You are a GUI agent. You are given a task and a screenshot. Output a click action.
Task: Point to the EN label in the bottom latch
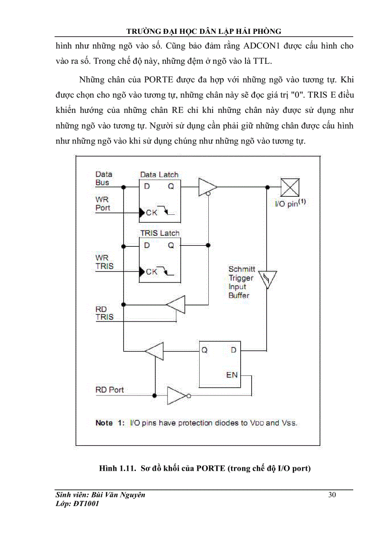coord(232,374)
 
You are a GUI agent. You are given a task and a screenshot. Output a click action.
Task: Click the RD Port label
coord(110,390)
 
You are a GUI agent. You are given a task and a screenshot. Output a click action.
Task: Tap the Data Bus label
coord(103,178)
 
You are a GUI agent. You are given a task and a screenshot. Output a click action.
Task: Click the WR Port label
coord(102,204)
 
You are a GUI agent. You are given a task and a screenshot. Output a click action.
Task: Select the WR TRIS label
coord(104,262)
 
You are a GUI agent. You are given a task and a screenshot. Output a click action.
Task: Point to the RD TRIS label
coord(104,313)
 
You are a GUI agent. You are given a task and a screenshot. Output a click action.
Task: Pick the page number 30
coord(332,495)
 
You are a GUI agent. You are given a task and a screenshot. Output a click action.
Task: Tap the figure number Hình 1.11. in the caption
coord(117,468)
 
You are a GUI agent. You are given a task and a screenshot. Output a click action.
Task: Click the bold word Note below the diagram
coord(104,423)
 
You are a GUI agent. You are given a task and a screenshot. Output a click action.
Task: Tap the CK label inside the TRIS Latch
coord(152,272)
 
